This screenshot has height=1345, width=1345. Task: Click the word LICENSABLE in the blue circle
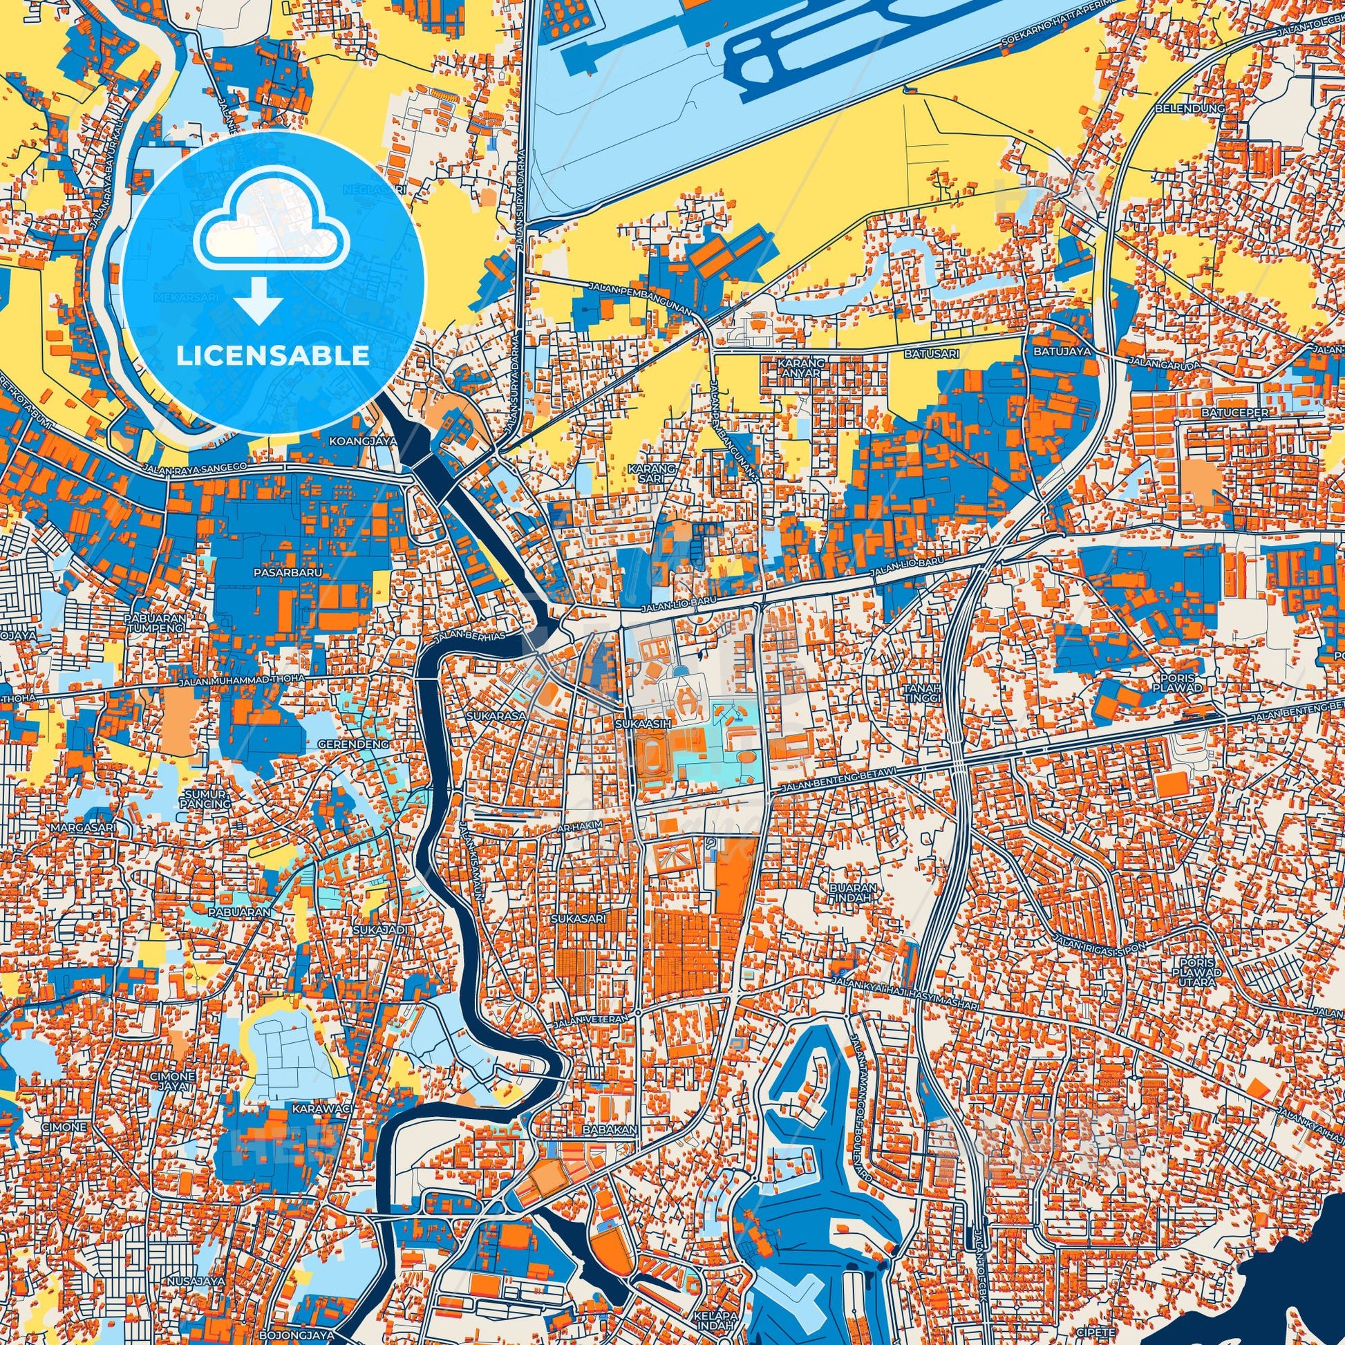click(272, 356)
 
